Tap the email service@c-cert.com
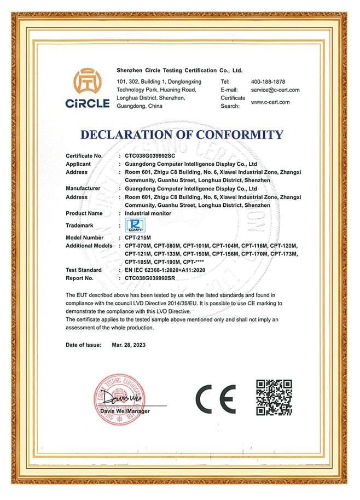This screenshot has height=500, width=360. (276, 90)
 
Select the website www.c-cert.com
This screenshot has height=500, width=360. (270, 102)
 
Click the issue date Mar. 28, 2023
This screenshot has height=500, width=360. (129, 345)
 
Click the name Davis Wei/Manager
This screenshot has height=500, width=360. (125, 411)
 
